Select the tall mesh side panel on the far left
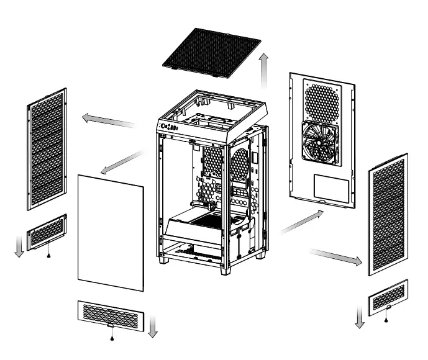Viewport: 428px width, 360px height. point(47,149)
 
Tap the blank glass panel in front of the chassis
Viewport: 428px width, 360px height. point(111,233)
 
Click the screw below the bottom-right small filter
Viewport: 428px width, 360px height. point(386,319)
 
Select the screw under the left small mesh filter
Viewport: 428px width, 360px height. point(48,254)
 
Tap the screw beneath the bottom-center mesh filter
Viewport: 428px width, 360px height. point(111,338)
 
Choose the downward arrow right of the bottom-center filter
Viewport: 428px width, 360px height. point(152,325)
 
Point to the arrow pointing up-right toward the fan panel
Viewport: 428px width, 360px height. point(301,222)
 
